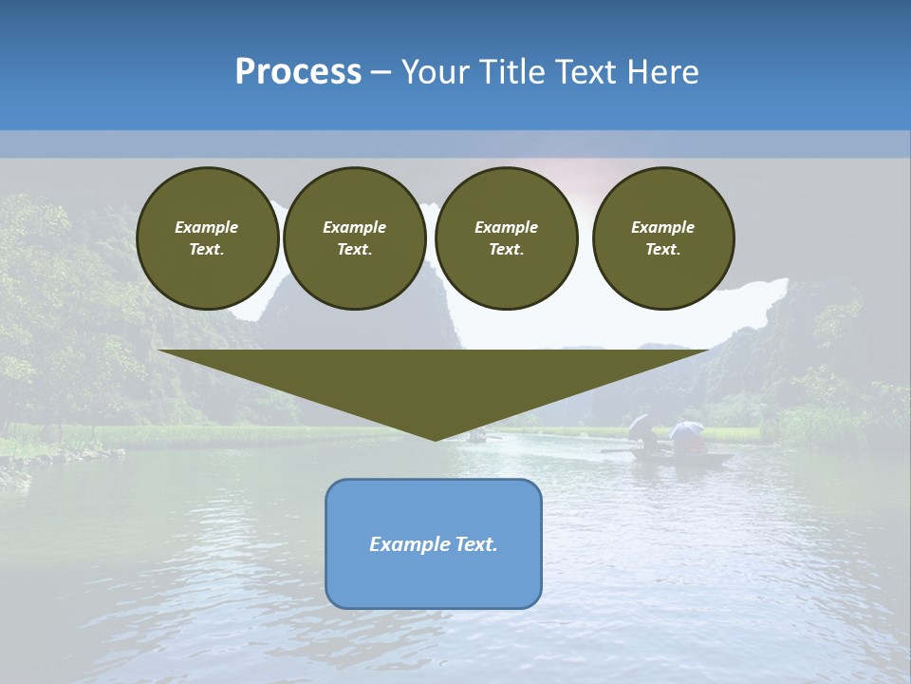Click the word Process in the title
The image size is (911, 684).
coord(298,71)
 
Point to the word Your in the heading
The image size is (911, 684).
coord(437,71)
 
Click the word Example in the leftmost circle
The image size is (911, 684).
coord(207,227)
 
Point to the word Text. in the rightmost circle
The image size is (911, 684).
coord(663,249)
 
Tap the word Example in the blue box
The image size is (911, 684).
coord(410,544)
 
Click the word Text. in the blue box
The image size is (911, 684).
coord(476,544)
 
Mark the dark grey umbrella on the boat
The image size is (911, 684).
coord(641,425)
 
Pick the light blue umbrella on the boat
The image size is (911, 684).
coord(685,429)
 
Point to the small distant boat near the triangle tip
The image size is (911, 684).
coord(477,437)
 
